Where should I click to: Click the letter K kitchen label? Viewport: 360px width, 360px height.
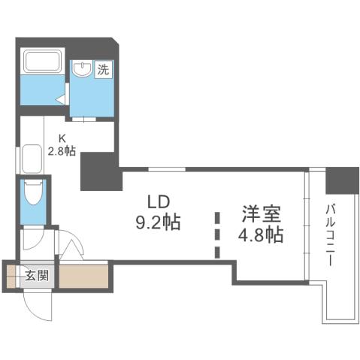coord(65,138)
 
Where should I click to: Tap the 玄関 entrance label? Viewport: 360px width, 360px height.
coord(35,274)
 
